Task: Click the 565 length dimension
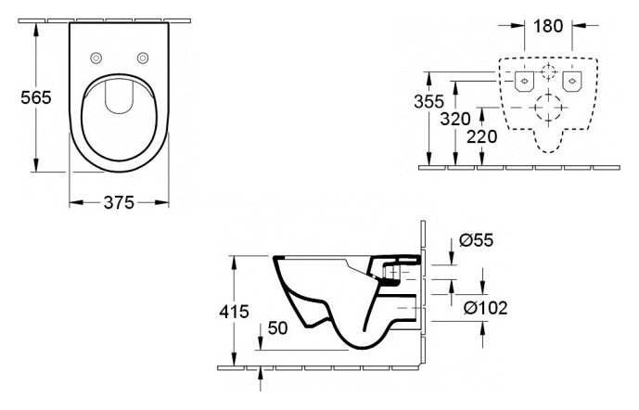[36, 97]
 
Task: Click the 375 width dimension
[119, 202]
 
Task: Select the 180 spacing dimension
[548, 26]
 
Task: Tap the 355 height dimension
[428, 101]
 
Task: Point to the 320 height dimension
[455, 119]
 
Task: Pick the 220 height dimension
[481, 136]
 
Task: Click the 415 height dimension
[234, 312]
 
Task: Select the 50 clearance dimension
[277, 328]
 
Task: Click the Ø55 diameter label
[476, 240]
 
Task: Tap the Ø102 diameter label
[486, 308]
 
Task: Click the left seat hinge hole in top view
[96, 58]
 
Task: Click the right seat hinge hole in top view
[143, 58]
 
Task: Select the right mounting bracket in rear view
[571, 82]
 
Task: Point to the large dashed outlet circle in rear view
[548, 108]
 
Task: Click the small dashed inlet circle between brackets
[548, 71]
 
